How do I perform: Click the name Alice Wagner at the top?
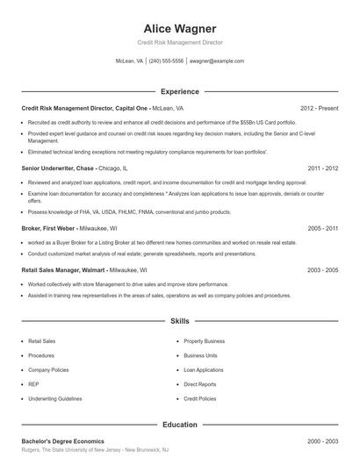(x=180, y=28)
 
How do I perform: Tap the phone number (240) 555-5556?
(x=166, y=61)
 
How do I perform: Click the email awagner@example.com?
(x=217, y=61)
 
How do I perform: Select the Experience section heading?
(x=180, y=91)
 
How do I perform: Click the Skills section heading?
(x=180, y=322)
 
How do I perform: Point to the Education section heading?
(x=180, y=424)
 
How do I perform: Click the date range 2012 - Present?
(x=319, y=108)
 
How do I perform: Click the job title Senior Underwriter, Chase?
(x=58, y=168)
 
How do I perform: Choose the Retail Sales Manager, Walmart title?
(x=66, y=270)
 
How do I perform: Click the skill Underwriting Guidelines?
(x=54, y=398)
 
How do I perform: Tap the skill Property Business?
(x=204, y=340)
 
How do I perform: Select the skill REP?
(x=32, y=384)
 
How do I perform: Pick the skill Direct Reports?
(x=201, y=384)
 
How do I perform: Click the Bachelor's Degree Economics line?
(x=62, y=440)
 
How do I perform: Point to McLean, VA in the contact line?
(x=129, y=61)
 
